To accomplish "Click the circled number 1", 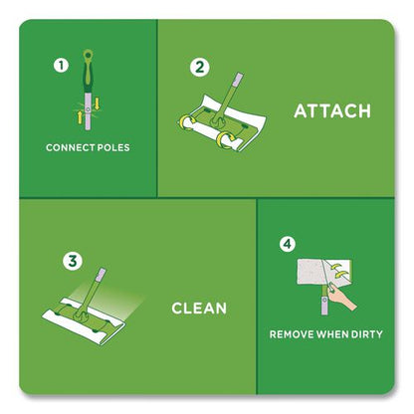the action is pyautogui.click(x=61, y=66).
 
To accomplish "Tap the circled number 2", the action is pyautogui.click(x=200, y=68).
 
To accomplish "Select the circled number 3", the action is pyautogui.click(x=73, y=261).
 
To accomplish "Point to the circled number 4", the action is pyautogui.click(x=288, y=244).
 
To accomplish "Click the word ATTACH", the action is pyautogui.click(x=332, y=110).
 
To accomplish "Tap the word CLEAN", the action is pyautogui.click(x=199, y=309).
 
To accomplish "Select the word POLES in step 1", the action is pyautogui.click(x=111, y=147).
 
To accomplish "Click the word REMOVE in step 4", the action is pyautogui.click(x=292, y=334).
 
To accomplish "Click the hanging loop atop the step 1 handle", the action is pyautogui.click(x=88, y=54).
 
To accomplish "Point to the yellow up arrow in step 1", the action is pyautogui.click(x=80, y=117).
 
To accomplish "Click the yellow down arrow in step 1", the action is pyautogui.click(x=97, y=103).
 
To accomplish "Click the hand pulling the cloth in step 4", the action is pyautogui.click(x=341, y=298).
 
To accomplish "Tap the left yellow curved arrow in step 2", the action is pyautogui.click(x=184, y=121).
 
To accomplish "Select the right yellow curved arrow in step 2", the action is pyautogui.click(x=224, y=139).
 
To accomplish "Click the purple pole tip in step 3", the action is pyautogui.click(x=101, y=274).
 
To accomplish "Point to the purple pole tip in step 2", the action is pyautogui.click(x=238, y=80).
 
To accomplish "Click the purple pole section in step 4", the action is pyautogui.click(x=324, y=306).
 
